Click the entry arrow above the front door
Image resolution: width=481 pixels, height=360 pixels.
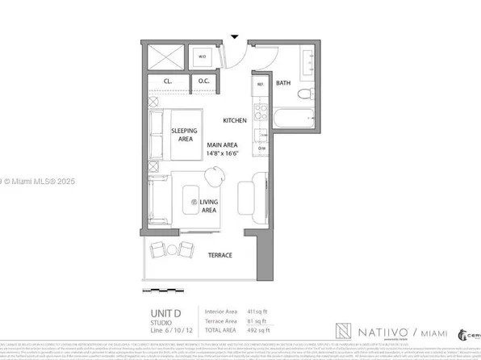click(234, 36)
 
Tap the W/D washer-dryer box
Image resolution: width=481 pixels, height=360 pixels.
click(203, 57)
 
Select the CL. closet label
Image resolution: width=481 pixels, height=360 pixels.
click(168, 82)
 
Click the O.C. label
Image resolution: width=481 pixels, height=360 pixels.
click(203, 82)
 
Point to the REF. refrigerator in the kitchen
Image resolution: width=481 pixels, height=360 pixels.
click(261, 84)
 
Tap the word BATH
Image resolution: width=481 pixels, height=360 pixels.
click(283, 82)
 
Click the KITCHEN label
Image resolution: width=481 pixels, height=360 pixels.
click(235, 120)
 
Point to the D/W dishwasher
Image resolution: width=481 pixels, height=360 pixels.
click(261, 148)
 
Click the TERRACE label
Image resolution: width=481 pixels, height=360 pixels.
click(220, 255)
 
